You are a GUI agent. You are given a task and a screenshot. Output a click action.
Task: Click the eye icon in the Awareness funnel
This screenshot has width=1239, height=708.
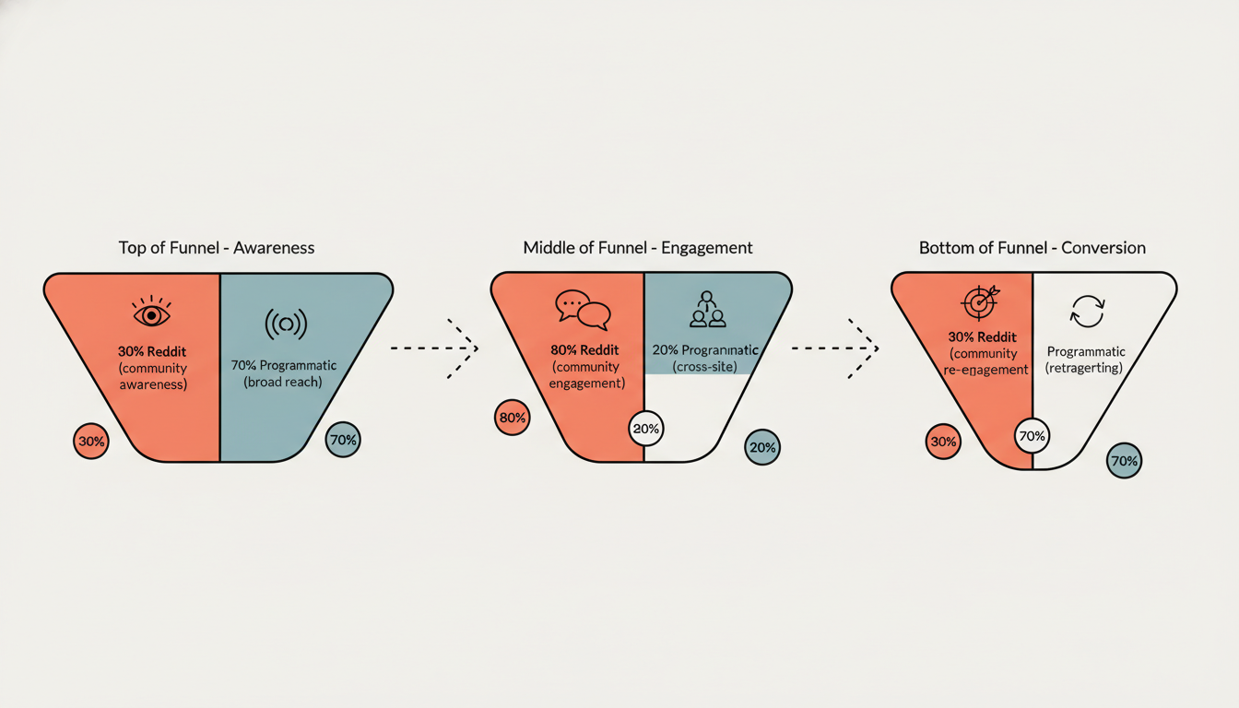[x=152, y=313]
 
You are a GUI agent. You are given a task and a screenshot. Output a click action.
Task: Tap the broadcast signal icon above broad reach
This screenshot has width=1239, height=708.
[x=286, y=323]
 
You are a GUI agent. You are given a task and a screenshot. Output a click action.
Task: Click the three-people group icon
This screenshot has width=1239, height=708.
[x=708, y=311]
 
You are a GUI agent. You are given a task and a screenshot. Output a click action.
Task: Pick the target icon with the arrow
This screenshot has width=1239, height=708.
[x=979, y=302]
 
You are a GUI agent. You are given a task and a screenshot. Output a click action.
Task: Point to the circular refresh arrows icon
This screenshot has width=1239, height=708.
[x=1086, y=312]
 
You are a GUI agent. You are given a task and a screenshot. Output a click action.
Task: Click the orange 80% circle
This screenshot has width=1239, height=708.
[x=512, y=418]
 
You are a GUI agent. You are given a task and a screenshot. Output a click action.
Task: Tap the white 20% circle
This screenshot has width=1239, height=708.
[x=646, y=429]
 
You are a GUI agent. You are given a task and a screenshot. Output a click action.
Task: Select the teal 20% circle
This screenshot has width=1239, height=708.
[x=762, y=447]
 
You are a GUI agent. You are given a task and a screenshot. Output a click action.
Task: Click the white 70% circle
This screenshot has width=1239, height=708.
[x=1032, y=435]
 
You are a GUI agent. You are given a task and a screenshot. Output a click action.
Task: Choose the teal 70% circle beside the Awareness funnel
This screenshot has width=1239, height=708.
[x=343, y=440]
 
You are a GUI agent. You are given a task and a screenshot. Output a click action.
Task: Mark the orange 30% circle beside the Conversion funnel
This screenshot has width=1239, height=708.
[x=943, y=442]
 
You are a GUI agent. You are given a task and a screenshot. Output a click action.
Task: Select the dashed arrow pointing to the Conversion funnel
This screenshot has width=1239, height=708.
[x=834, y=348]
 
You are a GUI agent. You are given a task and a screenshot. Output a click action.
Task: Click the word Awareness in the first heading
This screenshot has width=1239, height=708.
[x=274, y=248]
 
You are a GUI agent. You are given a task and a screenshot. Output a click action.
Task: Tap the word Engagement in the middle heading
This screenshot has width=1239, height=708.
[x=705, y=248]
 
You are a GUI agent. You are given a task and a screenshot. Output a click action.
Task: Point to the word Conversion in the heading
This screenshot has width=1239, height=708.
[x=1103, y=248]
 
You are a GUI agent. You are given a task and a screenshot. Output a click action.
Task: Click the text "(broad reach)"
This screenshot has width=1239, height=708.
[x=283, y=382]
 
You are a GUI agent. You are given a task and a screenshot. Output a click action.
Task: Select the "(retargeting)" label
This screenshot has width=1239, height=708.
[x=1085, y=368]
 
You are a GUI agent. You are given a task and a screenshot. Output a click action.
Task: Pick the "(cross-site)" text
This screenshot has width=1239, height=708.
[x=705, y=367]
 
